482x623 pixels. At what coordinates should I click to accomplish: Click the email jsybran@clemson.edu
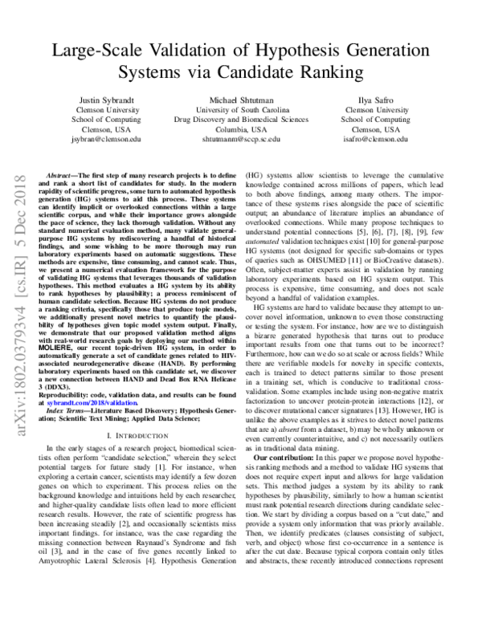(99, 139)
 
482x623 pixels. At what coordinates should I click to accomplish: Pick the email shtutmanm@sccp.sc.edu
(240, 139)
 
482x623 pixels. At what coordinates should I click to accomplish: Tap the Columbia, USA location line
(240, 128)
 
